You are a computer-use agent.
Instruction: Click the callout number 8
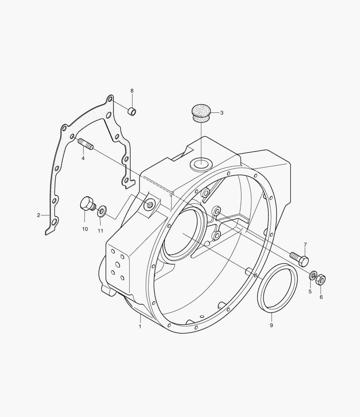click(132, 91)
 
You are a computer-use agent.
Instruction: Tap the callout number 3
click(222, 113)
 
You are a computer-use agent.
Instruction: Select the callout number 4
click(83, 158)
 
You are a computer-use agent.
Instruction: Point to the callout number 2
click(39, 215)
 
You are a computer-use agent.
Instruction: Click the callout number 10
click(85, 229)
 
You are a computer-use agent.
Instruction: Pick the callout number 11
click(100, 231)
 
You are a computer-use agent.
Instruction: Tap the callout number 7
click(305, 245)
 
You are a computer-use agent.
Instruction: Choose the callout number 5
click(310, 292)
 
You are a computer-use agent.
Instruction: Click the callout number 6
click(321, 297)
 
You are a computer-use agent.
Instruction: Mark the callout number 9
click(271, 325)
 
